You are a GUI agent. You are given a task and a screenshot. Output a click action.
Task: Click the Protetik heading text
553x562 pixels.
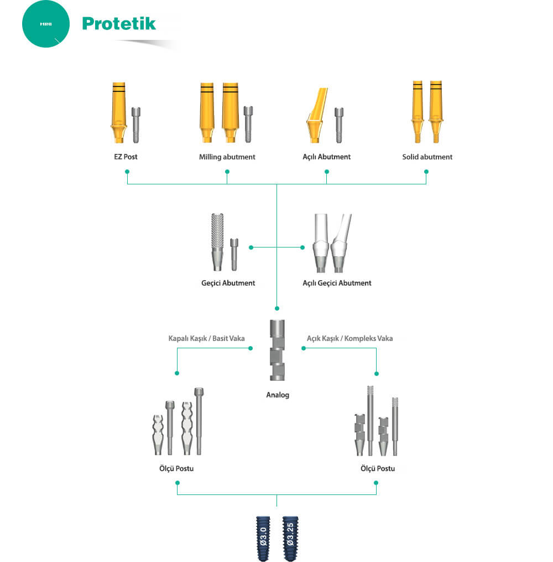(119, 23)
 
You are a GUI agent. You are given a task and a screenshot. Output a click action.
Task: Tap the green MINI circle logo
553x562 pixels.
(46, 25)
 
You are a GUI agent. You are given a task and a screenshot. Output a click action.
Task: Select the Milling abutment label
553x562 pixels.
(227, 157)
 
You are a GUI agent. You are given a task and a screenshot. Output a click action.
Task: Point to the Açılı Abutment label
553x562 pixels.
(326, 157)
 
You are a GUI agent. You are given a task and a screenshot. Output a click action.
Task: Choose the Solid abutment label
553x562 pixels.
(427, 157)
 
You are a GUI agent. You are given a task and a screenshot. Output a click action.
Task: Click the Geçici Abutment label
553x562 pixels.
(228, 283)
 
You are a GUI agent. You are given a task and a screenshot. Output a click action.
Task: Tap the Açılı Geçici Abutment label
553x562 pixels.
(337, 283)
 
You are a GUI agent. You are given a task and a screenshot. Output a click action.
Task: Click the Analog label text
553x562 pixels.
(277, 395)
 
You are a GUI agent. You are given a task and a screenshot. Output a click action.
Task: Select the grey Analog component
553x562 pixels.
(276, 350)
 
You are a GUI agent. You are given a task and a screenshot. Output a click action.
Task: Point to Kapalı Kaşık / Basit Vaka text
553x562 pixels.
(206, 338)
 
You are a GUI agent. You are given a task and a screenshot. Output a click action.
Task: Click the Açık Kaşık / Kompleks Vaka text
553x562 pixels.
(349, 338)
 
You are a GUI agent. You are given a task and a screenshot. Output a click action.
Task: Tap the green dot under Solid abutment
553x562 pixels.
(426, 172)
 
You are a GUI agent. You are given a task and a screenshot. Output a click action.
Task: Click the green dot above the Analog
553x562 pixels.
(276, 308)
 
